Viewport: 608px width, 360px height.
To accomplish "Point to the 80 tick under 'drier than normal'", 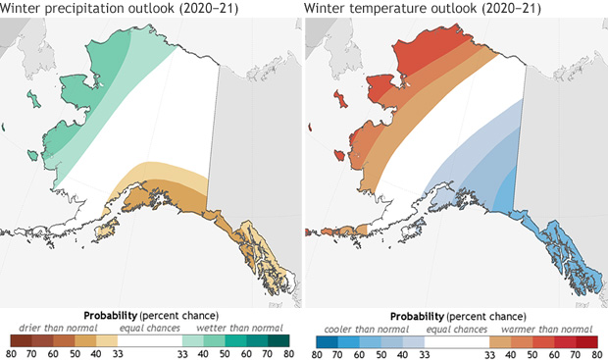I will click(11, 353).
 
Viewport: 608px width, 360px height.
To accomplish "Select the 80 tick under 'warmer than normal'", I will click(596, 353).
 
